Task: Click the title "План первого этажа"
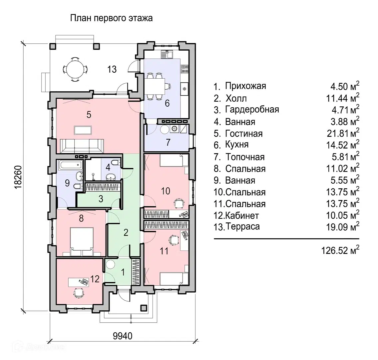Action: click(111, 18)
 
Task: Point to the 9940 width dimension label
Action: click(123, 336)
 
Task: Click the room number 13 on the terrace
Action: click(112, 69)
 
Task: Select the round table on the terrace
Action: click(75, 69)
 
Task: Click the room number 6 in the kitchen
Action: click(167, 103)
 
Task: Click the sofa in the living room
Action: click(82, 146)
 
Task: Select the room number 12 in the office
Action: click(95, 279)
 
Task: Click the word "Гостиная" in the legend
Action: click(244, 133)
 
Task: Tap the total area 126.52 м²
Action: click(340, 250)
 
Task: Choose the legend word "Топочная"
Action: click(245, 157)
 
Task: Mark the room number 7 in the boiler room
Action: click(168, 142)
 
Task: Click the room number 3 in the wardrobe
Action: click(101, 199)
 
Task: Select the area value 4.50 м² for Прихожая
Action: click(345, 86)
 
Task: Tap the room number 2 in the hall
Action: click(126, 233)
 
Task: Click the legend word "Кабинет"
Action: click(242, 215)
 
